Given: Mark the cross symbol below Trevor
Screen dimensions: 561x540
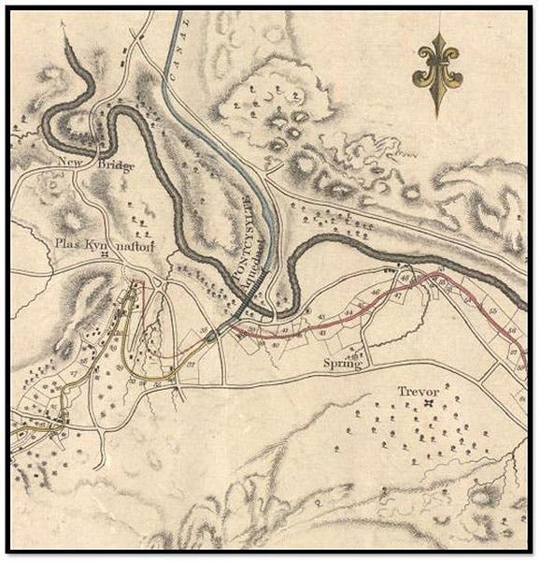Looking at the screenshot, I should coord(429,404).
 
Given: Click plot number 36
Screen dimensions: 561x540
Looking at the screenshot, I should coord(205,333).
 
